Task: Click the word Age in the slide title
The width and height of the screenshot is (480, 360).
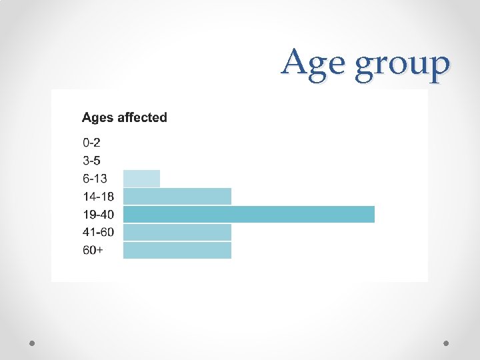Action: pyautogui.click(x=315, y=65)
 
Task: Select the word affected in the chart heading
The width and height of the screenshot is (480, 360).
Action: pyautogui.click(x=142, y=118)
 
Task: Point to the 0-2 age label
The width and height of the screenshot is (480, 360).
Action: pyautogui.click(x=92, y=143)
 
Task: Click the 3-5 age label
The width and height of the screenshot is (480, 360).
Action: pyautogui.click(x=92, y=161)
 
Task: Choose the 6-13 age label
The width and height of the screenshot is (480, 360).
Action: pyautogui.click(x=95, y=179)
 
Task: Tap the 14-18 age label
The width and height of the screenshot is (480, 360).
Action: pyautogui.click(x=98, y=197)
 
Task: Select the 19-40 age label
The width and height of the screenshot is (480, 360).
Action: pyautogui.click(x=98, y=215)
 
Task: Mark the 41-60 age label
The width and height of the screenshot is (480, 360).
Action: pyautogui.click(x=98, y=233)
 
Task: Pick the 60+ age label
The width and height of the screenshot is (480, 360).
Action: pyautogui.click(x=93, y=251)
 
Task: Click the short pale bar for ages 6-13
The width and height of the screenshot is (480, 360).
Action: pyautogui.click(x=141, y=179)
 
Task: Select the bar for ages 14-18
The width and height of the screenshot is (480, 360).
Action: pyautogui.click(x=177, y=197)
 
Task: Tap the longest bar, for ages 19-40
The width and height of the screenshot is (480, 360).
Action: pyautogui.click(x=249, y=215)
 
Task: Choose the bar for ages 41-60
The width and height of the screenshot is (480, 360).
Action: pyautogui.click(x=177, y=232)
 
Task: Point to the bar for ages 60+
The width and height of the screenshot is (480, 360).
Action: pyautogui.click(x=177, y=250)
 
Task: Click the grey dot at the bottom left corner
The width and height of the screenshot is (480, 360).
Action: pyautogui.click(x=33, y=343)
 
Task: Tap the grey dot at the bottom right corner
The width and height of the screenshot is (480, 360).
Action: pyautogui.click(x=446, y=343)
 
